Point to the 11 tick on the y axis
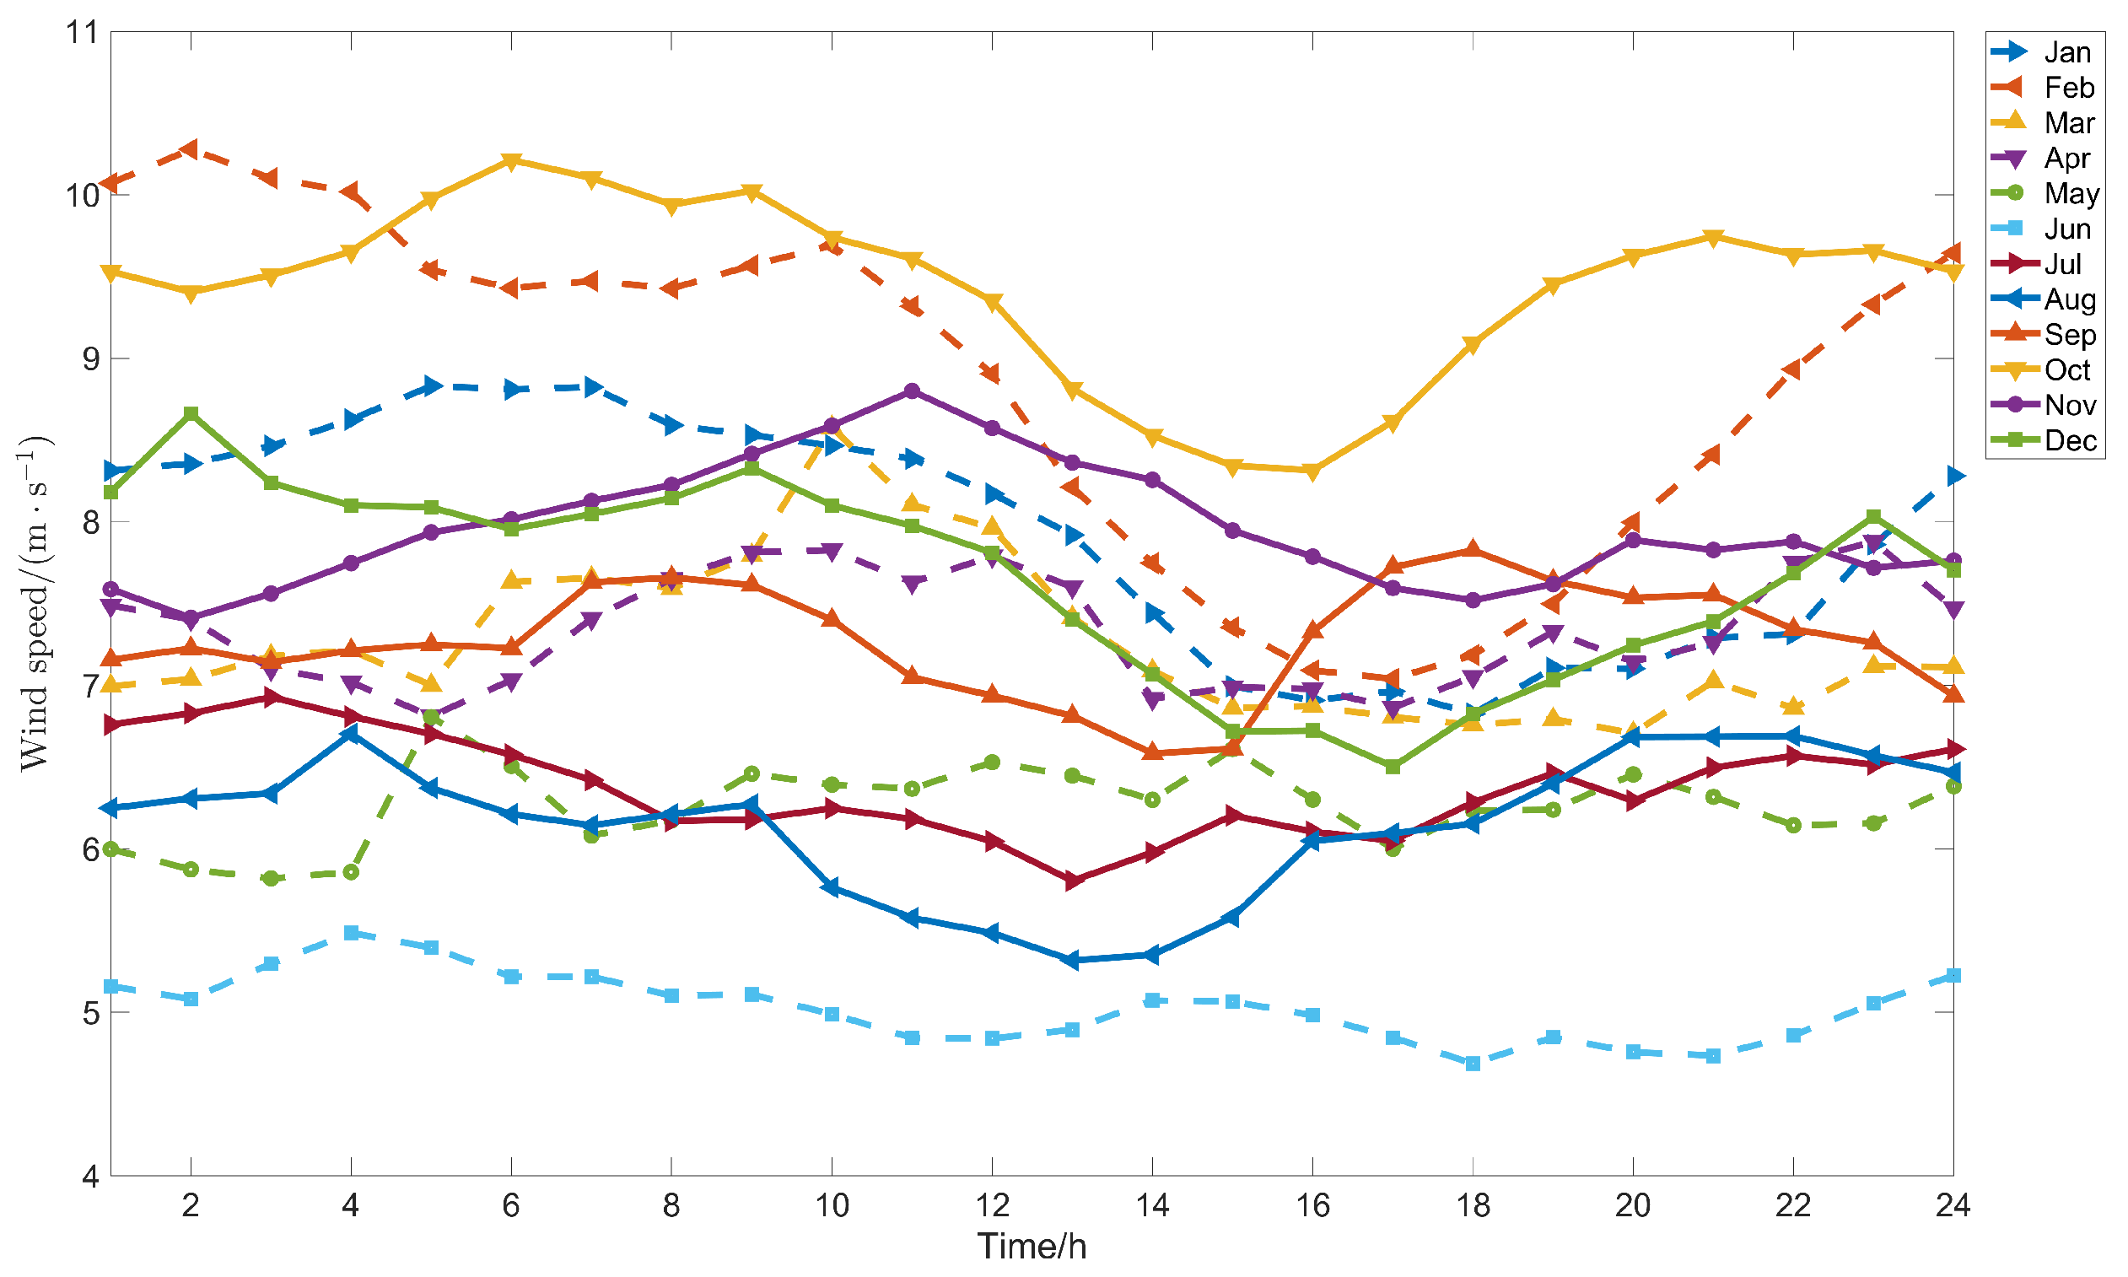83,32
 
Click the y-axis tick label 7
90,686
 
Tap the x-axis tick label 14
1151,1204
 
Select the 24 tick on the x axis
1953,1204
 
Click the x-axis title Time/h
1031,1246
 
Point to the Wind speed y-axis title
35,602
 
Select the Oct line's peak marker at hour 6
511,161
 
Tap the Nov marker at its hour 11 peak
912,391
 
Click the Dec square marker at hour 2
191,414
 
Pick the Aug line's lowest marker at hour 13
1072,960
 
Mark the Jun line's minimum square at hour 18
1473,1064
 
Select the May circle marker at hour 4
350,871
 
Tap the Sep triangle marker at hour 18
1473,550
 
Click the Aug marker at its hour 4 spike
350,734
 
